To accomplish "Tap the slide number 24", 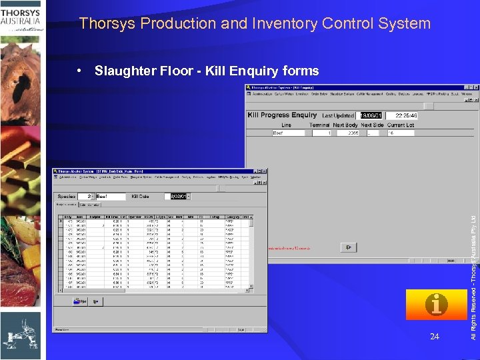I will [434, 337].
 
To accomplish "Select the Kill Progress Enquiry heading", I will [282, 115].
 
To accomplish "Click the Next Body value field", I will [345, 133].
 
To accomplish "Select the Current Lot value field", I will [401, 133].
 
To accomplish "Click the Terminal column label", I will [320, 125].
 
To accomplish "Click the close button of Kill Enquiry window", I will [475, 87].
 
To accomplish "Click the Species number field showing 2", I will [86, 197].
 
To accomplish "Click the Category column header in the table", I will [231, 217].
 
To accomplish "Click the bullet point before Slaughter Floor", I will [80, 71].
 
